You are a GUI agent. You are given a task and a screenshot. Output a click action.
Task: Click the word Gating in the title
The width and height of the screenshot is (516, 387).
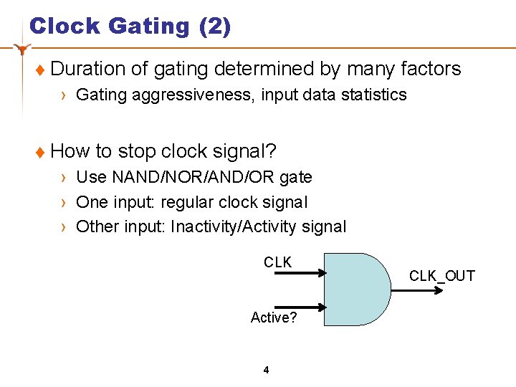(148, 27)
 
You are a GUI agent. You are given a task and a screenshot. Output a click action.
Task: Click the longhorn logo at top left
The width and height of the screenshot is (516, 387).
(23, 49)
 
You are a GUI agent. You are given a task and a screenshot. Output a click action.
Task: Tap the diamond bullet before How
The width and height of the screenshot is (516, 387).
(40, 152)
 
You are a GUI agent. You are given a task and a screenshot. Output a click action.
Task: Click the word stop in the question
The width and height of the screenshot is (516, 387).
(137, 151)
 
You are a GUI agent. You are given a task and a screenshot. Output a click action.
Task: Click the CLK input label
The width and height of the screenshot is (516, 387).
(277, 262)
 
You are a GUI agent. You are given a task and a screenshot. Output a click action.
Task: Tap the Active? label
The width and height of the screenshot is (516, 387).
(274, 317)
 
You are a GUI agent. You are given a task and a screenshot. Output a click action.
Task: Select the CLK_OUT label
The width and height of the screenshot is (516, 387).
(441, 276)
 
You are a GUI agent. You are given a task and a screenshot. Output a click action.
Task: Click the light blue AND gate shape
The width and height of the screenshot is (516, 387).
(355, 288)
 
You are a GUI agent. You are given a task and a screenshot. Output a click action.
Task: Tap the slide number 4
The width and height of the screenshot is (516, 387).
(266, 370)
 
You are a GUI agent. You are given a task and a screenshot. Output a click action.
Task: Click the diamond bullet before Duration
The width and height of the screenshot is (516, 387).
(40, 70)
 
